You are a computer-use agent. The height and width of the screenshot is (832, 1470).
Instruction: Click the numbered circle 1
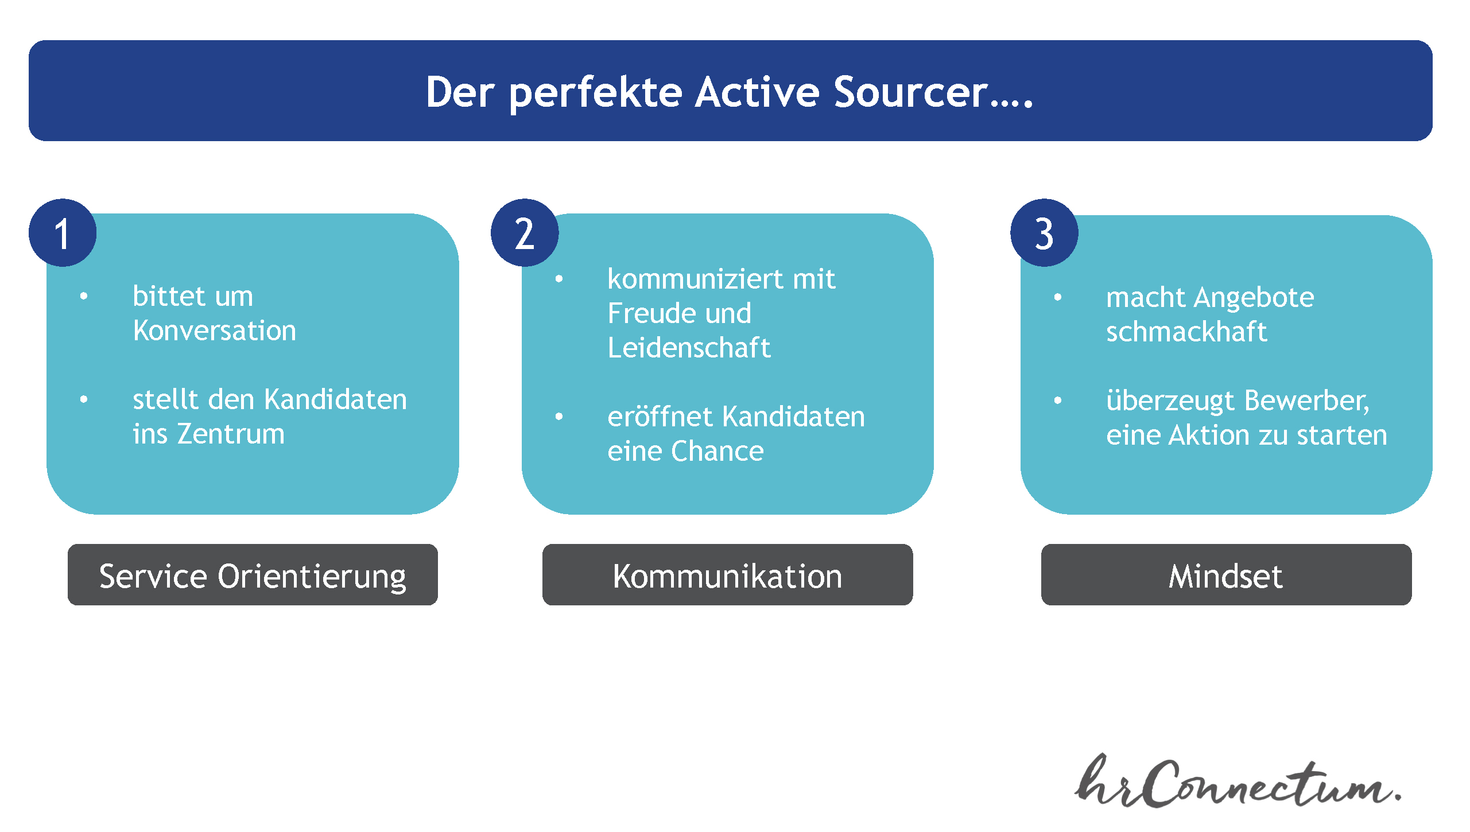pyautogui.click(x=63, y=233)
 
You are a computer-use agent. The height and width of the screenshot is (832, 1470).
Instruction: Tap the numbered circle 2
pyautogui.click(x=525, y=233)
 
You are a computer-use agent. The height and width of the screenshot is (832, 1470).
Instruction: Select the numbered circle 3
pyautogui.click(x=1044, y=233)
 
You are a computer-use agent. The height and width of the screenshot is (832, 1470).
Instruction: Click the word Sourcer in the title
pyautogui.click(x=911, y=92)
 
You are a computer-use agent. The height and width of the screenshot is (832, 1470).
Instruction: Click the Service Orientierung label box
pyautogui.click(x=253, y=574)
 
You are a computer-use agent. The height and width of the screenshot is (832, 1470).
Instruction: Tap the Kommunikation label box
pyautogui.click(x=727, y=574)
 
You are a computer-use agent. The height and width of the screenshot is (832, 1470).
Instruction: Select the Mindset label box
pyautogui.click(x=1226, y=574)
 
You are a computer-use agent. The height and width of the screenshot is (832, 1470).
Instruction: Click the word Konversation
pyautogui.click(x=215, y=331)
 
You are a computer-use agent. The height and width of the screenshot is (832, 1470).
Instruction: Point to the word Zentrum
pyautogui.click(x=231, y=434)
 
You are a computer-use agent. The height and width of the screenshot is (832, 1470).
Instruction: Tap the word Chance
pyautogui.click(x=717, y=451)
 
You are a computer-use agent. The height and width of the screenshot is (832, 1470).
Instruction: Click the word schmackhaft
pyautogui.click(x=1186, y=332)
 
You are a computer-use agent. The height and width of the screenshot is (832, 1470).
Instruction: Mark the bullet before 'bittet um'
pyautogui.click(x=84, y=296)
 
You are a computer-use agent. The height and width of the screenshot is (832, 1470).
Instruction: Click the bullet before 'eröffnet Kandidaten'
pyautogui.click(x=558, y=417)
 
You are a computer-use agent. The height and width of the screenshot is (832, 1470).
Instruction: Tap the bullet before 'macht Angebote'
pyautogui.click(x=1057, y=297)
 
